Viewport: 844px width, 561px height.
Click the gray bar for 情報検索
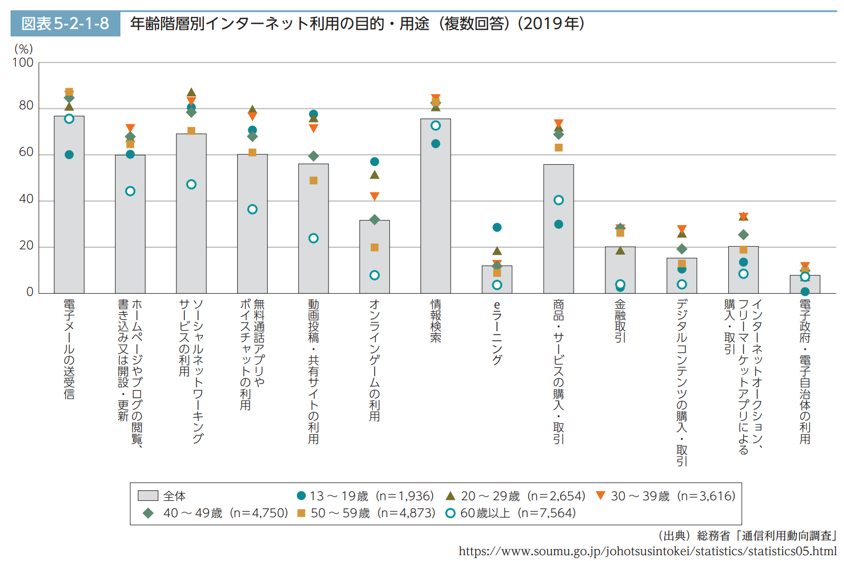pyautogui.click(x=435, y=211)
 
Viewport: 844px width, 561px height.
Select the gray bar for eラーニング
pyautogui.click(x=496, y=280)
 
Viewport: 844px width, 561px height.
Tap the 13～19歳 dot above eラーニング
pyautogui.click(x=496, y=228)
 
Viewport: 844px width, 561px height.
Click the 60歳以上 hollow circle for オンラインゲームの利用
pyautogui.click(x=374, y=275)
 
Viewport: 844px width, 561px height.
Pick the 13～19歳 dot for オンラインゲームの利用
pyautogui.click(x=374, y=162)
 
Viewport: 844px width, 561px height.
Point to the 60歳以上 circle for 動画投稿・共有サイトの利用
pyautogui.click(x=313, y=238)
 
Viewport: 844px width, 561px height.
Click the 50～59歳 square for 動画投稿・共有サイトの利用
pyautogui.click(x=313, y=181)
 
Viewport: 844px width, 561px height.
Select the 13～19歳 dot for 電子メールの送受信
pyautogui.click(x=69, y=155)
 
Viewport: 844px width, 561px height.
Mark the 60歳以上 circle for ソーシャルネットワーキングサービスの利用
pyautogui.click(x=191, y=184)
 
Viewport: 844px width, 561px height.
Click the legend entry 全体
pyautogui.click(x=162, y=496)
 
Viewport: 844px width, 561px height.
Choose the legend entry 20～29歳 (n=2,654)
pyautogui.click(x=515, y=496)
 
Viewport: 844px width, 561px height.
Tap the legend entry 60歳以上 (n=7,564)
pyautogui.click(x=510, y=513)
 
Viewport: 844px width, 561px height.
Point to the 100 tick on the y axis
pyautogui.click(x=23, y=63)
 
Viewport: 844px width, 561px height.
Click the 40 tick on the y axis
pyautogui.click(x=26, y=199)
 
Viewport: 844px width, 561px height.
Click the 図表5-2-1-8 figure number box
pyautogui.click(x=65, y=24)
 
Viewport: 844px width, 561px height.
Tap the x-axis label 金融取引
pyautogui.click(x=620, y=321)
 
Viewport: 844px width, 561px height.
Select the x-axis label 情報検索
pyautogui.click(x=435, y=321)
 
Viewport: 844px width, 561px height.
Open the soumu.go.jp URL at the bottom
pyautogui.click(x=647, y=551)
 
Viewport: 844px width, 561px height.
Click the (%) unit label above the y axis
pyautogui.click(x=23, y=49)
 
